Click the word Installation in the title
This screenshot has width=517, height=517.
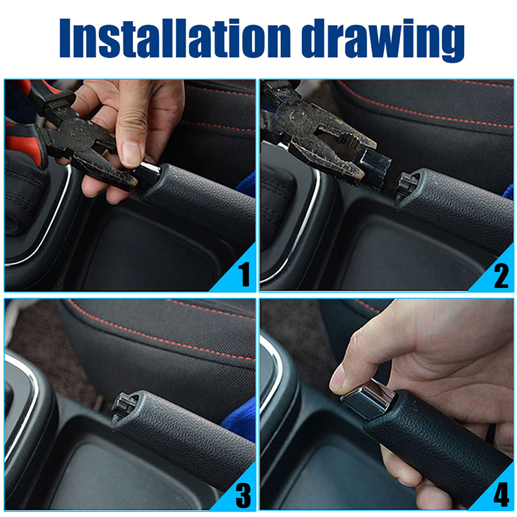point(174,38)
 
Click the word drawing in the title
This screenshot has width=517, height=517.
point(383,40)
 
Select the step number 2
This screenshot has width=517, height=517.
point(501,276)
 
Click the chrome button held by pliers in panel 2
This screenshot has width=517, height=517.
point(374,168)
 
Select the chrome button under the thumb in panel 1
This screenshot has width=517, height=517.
point(149,174)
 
